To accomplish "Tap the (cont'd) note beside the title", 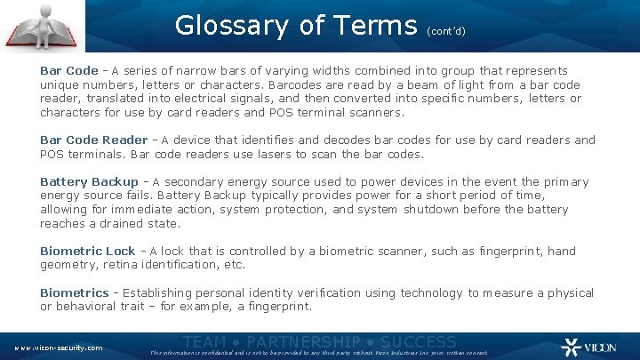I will (x=446, y=30).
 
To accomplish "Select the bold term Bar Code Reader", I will (x=93, y=140).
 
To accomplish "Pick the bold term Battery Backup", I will (x=89, y=181).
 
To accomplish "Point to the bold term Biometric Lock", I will (x=87, y=252).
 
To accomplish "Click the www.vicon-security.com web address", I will (x=58, y=348).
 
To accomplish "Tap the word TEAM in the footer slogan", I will (x=204, y=341).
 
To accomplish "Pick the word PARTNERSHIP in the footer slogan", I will (x=302, y=341).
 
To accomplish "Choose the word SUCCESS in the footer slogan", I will (x=419, y=341).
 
